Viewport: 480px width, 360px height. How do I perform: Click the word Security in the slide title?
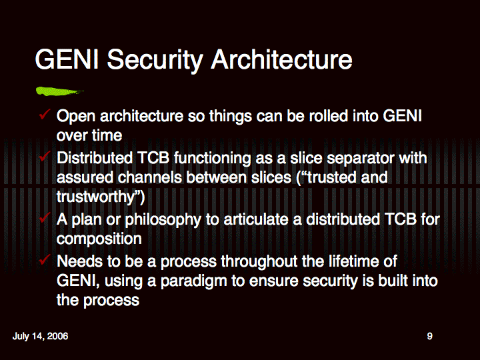pyautogui.click(x=155, y=60)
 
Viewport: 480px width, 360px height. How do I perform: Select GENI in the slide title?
pyautogui.click(x=67, y=59)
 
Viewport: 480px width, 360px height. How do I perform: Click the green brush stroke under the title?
pyautogui.click(x=59, y=91)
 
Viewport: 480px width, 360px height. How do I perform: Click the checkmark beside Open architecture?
pyautogui.click(x=45, y=115)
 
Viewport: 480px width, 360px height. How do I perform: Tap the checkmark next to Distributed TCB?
pyautogui.click(x=45, y=157)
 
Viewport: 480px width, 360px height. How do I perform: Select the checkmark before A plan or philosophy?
pyautogui.click(x=45, y=217)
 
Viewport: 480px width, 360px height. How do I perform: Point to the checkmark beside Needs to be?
pyautogui.click(x=45, y=259)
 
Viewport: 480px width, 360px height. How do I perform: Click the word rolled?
pyautogui.click(x=329, y=116)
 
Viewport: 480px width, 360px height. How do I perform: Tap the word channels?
pyautogui.click(x=150, y=177)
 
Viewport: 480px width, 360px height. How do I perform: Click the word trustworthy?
pyautogui.click(x=95, y=197)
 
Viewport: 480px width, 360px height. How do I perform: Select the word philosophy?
pyautogui.click(x=163, y=220)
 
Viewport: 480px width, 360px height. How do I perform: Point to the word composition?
pyautogui.click(x=99, y=239)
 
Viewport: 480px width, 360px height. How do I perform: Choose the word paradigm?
pyautogui.click(x=194, y=281)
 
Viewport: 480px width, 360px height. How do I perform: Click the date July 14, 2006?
pyautogui.click(x=40, y=336)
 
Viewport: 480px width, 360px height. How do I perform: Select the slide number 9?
pyautogui.click(x=430, y=336)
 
